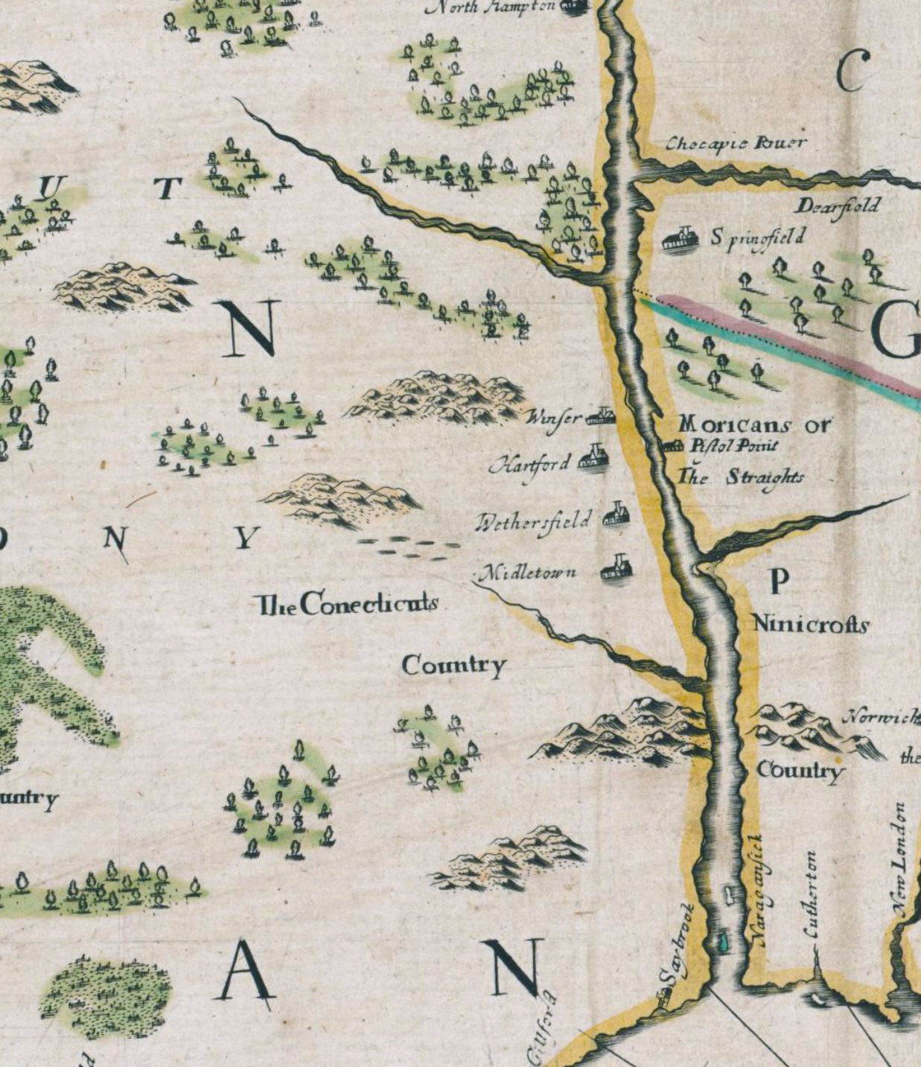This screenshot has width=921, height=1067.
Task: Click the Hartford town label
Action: click(x=529, y=465)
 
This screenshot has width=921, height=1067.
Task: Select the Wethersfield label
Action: click(x=534, y=520)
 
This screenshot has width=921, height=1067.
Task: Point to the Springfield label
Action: click(x=758, y=238)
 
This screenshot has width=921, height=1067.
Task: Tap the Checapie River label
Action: click(x=735, y=143)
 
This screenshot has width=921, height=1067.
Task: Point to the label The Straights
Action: click(x=741, y=477)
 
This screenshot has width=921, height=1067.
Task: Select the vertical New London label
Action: click(x=899, y=860)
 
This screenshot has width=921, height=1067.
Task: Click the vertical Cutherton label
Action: click(x=811, y=895)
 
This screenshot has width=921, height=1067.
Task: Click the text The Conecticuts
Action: click(x=346, y=604)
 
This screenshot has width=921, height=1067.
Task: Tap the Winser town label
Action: click(x=554, y=418)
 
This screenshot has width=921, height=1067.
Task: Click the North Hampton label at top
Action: click(x=491, y=7)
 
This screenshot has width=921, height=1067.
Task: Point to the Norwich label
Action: click(x=880, y=717)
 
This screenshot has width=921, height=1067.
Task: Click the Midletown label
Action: click(x=527, y=573)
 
